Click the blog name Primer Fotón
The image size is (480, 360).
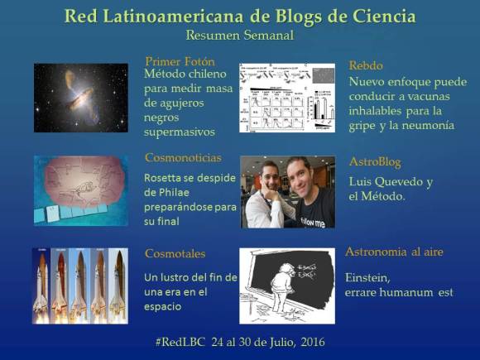point(179,61)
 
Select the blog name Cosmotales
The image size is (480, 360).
point(175,253)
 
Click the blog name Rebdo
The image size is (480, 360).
point(366,65)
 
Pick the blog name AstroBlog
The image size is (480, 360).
point(377,161)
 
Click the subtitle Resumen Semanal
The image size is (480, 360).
point(239,36)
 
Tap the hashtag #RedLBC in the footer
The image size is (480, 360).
point(183,342)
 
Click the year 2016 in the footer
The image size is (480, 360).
point(311,342)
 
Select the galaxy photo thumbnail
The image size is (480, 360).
point(80,98)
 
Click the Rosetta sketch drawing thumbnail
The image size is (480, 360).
point(80,190)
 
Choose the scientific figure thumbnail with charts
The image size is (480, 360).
point(286,98)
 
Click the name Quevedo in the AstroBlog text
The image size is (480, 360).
point(399,182)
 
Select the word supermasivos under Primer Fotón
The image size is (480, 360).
point(180,132)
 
